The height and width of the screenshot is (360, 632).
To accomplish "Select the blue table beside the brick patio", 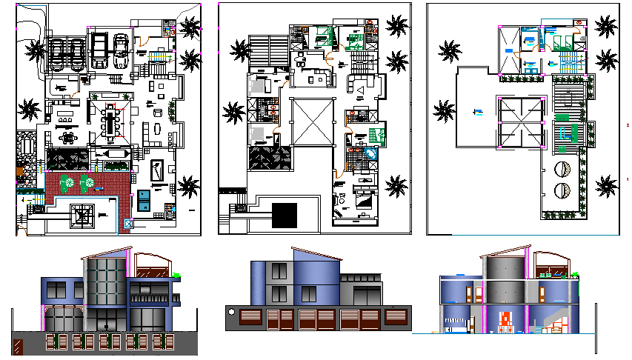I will [143, 199].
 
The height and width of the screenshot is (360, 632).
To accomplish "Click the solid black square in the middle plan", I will [285, 215].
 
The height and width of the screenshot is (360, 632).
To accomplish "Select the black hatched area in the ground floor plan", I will [67, 159].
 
